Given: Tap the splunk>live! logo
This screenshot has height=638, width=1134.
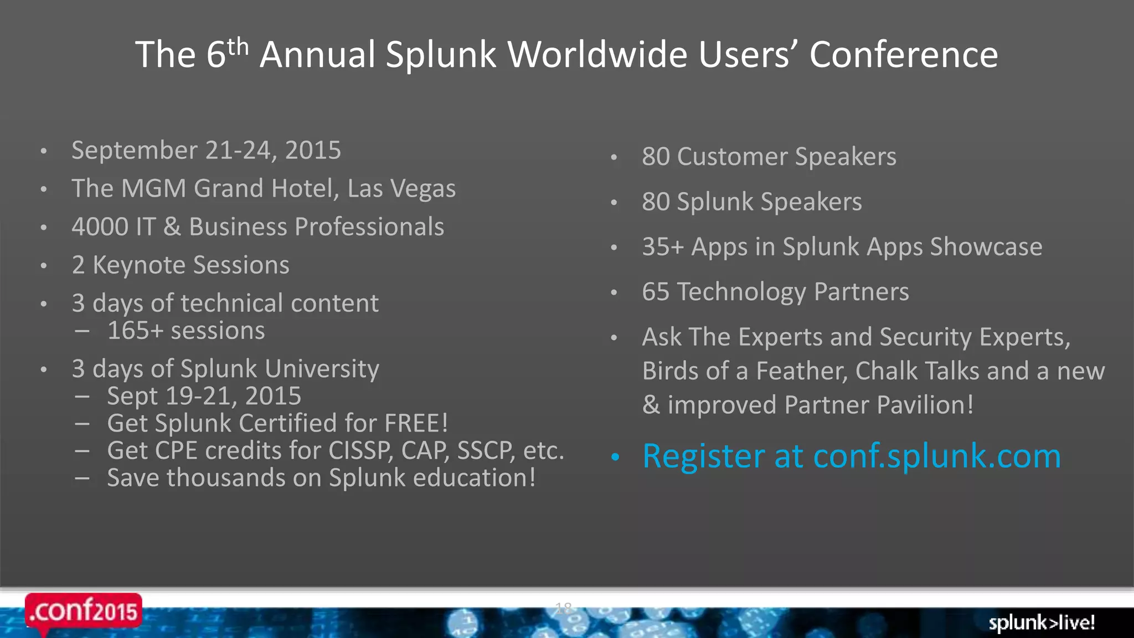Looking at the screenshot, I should click(x=1042, y=622).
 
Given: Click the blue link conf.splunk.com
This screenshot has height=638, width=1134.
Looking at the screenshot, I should click(x=936, y=456).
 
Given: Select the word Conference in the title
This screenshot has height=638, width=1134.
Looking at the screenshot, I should click(x=904, y=54).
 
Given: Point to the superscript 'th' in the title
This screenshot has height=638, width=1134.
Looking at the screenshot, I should click(x=238, y=47).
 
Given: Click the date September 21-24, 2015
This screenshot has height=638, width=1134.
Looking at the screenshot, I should click(x=206, y=151).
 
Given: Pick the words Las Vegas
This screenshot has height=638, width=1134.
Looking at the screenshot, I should click(x=401, y=189).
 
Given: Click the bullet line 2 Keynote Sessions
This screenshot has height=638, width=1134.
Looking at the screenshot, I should click(x=181, y=265).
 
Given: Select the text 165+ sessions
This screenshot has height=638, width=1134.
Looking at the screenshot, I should click(x=186, y=331).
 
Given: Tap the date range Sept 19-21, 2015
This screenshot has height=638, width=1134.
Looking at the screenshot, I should click(x=204, y=397).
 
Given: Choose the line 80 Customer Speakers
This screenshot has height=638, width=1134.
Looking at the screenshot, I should click(x=769, y=157).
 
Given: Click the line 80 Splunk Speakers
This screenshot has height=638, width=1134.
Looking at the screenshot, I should click(x=751, y=202).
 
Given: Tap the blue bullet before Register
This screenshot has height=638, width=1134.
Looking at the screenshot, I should click(x=615, y=457).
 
